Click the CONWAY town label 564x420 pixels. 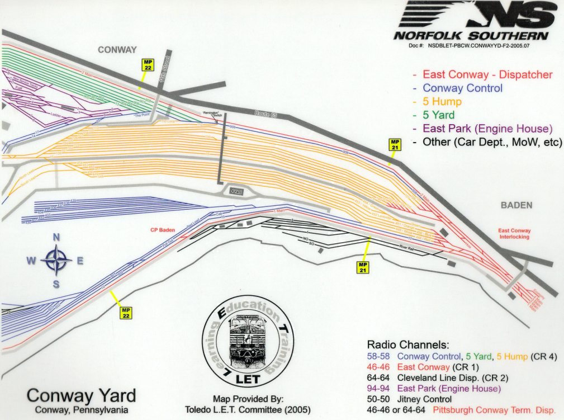point(117,50)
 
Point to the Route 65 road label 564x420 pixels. point(266,113)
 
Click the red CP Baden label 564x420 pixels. point(163,229)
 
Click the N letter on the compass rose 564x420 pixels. point(56,237)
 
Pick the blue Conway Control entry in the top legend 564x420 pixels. point(462,88)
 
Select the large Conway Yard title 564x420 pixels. point(81,395)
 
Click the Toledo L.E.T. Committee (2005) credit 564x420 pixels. point(248,409)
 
